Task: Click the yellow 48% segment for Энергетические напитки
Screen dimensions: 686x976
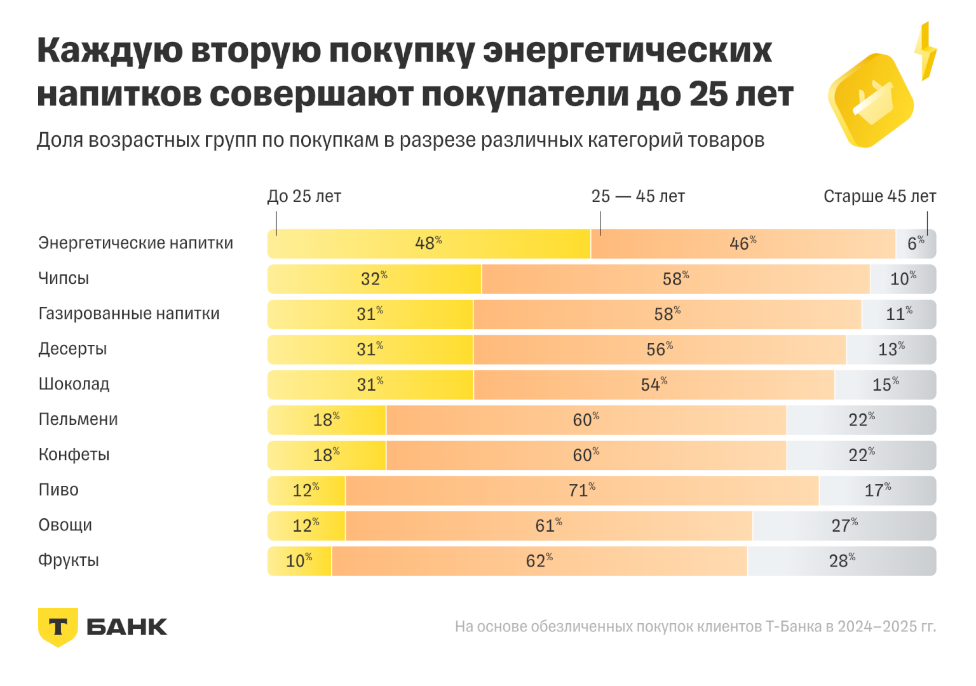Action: click(428, 244)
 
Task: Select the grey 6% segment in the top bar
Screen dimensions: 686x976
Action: click(916, 244)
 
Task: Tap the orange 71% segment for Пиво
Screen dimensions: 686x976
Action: click(581, 490)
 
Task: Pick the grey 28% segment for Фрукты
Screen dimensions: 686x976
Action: click(841, 561)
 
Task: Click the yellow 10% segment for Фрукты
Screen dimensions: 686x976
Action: click(299, 561)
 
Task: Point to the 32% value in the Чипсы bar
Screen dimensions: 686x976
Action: click(374, 279)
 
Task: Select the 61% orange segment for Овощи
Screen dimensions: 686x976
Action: click(548, 526)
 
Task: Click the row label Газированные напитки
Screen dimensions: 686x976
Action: click(129, 314)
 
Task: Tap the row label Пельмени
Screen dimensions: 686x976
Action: click(78, 420)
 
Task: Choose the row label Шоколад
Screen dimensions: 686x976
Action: click(74, 384)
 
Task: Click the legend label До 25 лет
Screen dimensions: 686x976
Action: click(304, 196)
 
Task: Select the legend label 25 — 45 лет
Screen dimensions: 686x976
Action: click(638, 196)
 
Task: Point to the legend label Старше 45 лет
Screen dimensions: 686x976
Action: click(879, 196)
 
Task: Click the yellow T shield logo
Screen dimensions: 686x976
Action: click(58, 626)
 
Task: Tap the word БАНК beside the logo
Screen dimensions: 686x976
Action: click(126, 627)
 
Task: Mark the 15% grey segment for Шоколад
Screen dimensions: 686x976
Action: click(885, 385)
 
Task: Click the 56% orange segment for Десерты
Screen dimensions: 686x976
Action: click(659, 349)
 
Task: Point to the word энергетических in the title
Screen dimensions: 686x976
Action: click(627, 51)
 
